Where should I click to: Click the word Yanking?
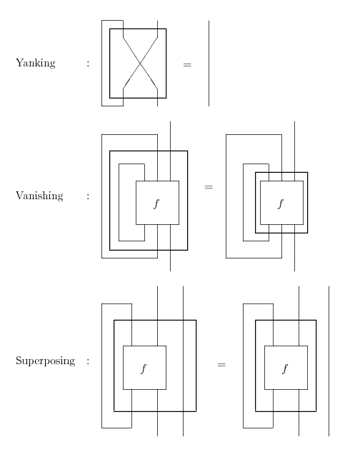tap(36, 63)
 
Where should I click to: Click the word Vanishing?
tap(39, 196)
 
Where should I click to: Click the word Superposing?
tap(46, 361)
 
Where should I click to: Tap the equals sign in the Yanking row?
tap(187, 65)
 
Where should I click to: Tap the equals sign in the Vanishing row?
tap(209, 187)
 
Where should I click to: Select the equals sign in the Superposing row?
tap(221, 365)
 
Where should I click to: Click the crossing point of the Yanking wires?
tap(140, 63)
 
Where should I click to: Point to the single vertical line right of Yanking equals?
tap(209, 63)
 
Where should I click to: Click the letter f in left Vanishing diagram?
tap(156, 204)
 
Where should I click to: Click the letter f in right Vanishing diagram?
tap(281, 204)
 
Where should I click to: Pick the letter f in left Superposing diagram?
tap(144, 368)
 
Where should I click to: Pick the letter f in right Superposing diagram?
tap(285, 368)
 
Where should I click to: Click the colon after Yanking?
tap(88, 64)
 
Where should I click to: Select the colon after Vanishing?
tap(88, 196)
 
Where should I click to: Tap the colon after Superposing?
tap(88, 361)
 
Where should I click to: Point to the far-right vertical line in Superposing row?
tap(329, 361)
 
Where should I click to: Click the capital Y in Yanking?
tap(19, 62)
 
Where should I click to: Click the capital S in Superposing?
tap(19, 361)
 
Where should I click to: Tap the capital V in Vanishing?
tap(19, 195)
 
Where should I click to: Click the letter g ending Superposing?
tap(72, 362)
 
